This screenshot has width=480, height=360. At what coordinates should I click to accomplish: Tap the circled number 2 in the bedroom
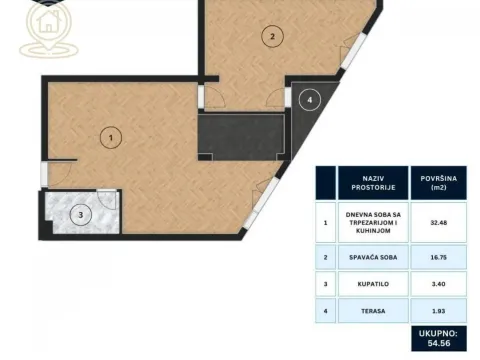[270, 37]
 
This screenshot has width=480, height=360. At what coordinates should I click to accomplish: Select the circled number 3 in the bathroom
[84, 213]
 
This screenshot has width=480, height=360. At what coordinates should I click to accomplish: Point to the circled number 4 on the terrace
[310, 100]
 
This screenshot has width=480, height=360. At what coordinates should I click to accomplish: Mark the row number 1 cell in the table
[325, 221]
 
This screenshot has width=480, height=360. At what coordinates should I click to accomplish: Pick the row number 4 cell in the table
[325, 312]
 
